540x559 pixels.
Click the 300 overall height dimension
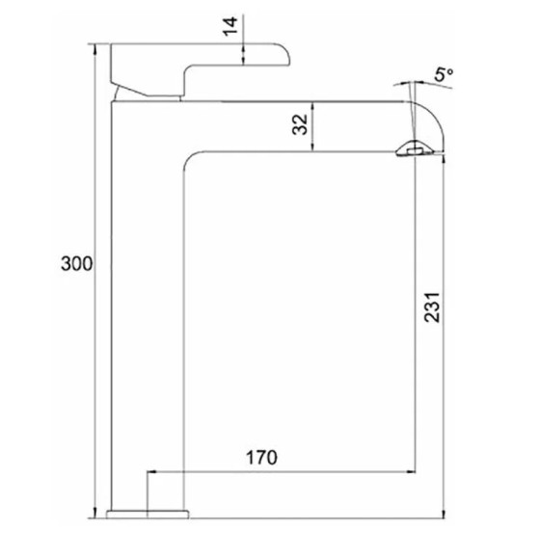76,264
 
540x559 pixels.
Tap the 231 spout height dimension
432,307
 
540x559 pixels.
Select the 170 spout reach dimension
261,458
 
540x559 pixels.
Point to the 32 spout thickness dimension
300,123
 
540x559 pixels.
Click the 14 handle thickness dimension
230,26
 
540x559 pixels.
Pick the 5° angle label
444,74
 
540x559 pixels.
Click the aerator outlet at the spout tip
415,148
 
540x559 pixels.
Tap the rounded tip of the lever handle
284,54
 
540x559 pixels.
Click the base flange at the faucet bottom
148,514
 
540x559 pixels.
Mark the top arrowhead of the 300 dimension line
94,48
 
